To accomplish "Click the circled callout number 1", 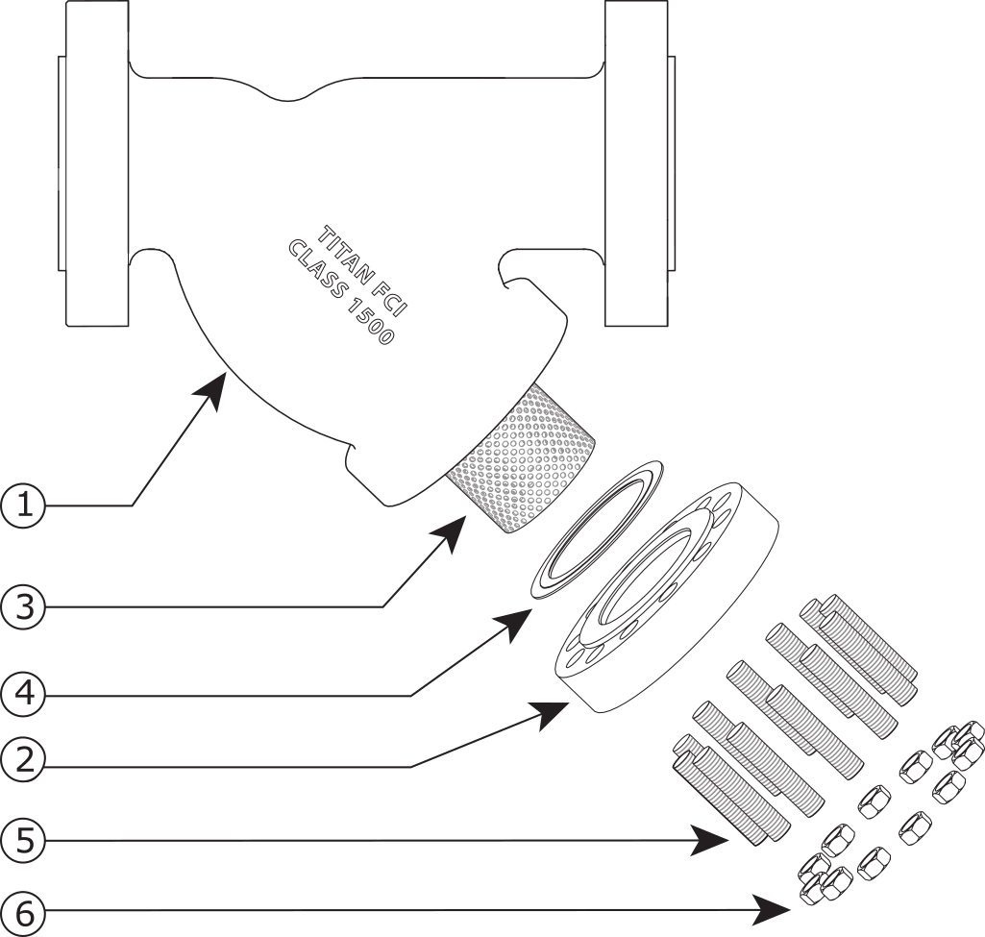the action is (23, 505).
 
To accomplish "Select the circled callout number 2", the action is (23, 760).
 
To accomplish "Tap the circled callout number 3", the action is (23, 607).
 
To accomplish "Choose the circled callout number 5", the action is (23, 841).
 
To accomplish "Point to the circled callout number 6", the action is (23, 914).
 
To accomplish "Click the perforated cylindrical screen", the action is (523, 459).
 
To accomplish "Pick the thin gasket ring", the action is (598, 528).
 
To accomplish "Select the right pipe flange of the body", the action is (639, 163).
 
